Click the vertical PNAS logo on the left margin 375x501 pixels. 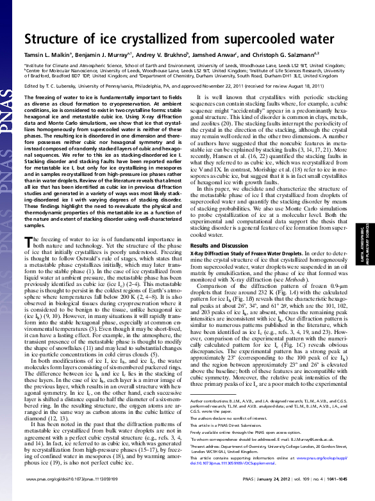pos(8,128)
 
